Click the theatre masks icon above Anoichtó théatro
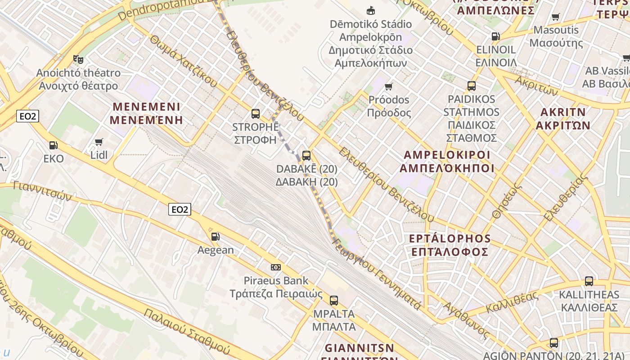78,59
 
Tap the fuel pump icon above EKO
54,145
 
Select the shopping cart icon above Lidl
99,142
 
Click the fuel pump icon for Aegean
216,237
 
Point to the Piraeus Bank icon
276,267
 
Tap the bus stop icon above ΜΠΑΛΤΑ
333,300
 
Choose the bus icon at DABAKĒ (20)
306,156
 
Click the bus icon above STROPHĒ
256,113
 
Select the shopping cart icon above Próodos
389,86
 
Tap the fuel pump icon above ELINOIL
495,36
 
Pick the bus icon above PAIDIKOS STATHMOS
472,85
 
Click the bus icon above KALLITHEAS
589,281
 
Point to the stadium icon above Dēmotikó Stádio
371,10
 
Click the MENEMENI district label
147,113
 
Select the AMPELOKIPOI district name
447,162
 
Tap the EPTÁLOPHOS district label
450,245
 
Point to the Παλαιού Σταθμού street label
187,331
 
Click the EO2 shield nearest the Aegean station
180,209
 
